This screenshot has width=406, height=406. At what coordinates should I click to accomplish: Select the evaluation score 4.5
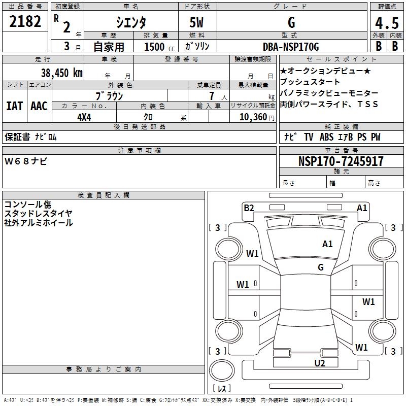click(387, 24)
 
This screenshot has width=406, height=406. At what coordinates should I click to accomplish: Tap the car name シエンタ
click(131, 22)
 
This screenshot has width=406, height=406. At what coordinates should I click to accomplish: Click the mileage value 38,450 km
click(61, 73)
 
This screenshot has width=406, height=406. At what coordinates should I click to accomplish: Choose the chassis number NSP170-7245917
click(341, 161)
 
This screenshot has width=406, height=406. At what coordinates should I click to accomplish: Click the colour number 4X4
click(84, 116)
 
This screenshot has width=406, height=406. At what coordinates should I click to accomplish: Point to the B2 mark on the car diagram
click(249, 208)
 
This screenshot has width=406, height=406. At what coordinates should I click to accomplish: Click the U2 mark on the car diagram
click(319, 362)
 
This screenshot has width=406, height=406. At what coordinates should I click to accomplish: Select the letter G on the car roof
click(321, 267)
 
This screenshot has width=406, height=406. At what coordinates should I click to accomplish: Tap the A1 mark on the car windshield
click(327, 244)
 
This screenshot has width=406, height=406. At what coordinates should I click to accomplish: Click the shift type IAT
click(14, 106)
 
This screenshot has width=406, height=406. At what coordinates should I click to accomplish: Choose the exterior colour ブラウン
click(110, 95)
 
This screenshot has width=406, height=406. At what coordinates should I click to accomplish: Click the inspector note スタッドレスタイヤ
click(39, 213)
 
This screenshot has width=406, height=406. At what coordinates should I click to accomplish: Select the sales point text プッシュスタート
click(310, 82)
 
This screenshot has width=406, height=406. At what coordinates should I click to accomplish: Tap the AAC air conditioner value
click(39, 106)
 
